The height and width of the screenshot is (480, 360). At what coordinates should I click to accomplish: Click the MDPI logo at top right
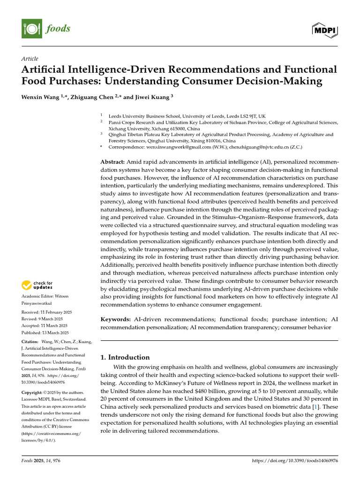coord(324,30)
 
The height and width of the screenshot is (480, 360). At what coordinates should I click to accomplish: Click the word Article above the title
coord(30,59)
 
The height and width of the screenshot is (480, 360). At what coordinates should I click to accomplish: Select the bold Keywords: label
coord(117,319)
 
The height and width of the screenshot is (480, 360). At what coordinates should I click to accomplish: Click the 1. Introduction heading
coord(126,357)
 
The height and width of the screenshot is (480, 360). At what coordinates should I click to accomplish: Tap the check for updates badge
coord(37,285)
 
